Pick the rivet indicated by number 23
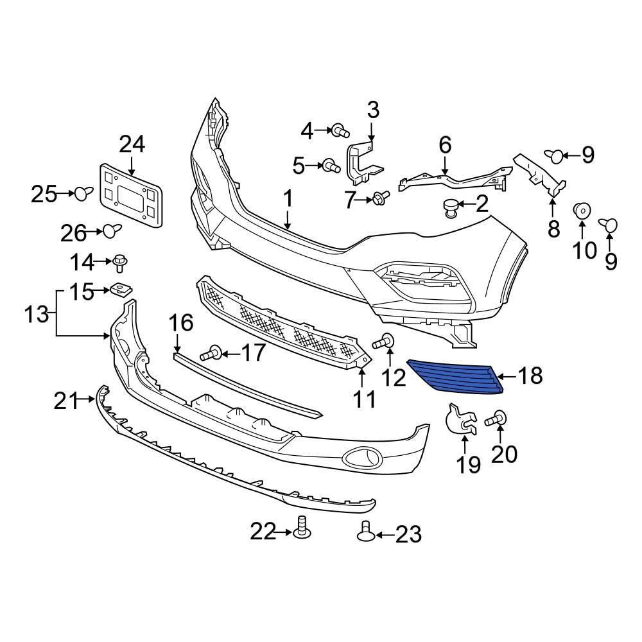[366, 533]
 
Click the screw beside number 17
[211, 352]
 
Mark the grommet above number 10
[582, 211]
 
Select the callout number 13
[37, 315]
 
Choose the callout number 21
[65, 402]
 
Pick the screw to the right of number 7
[380, 198]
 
